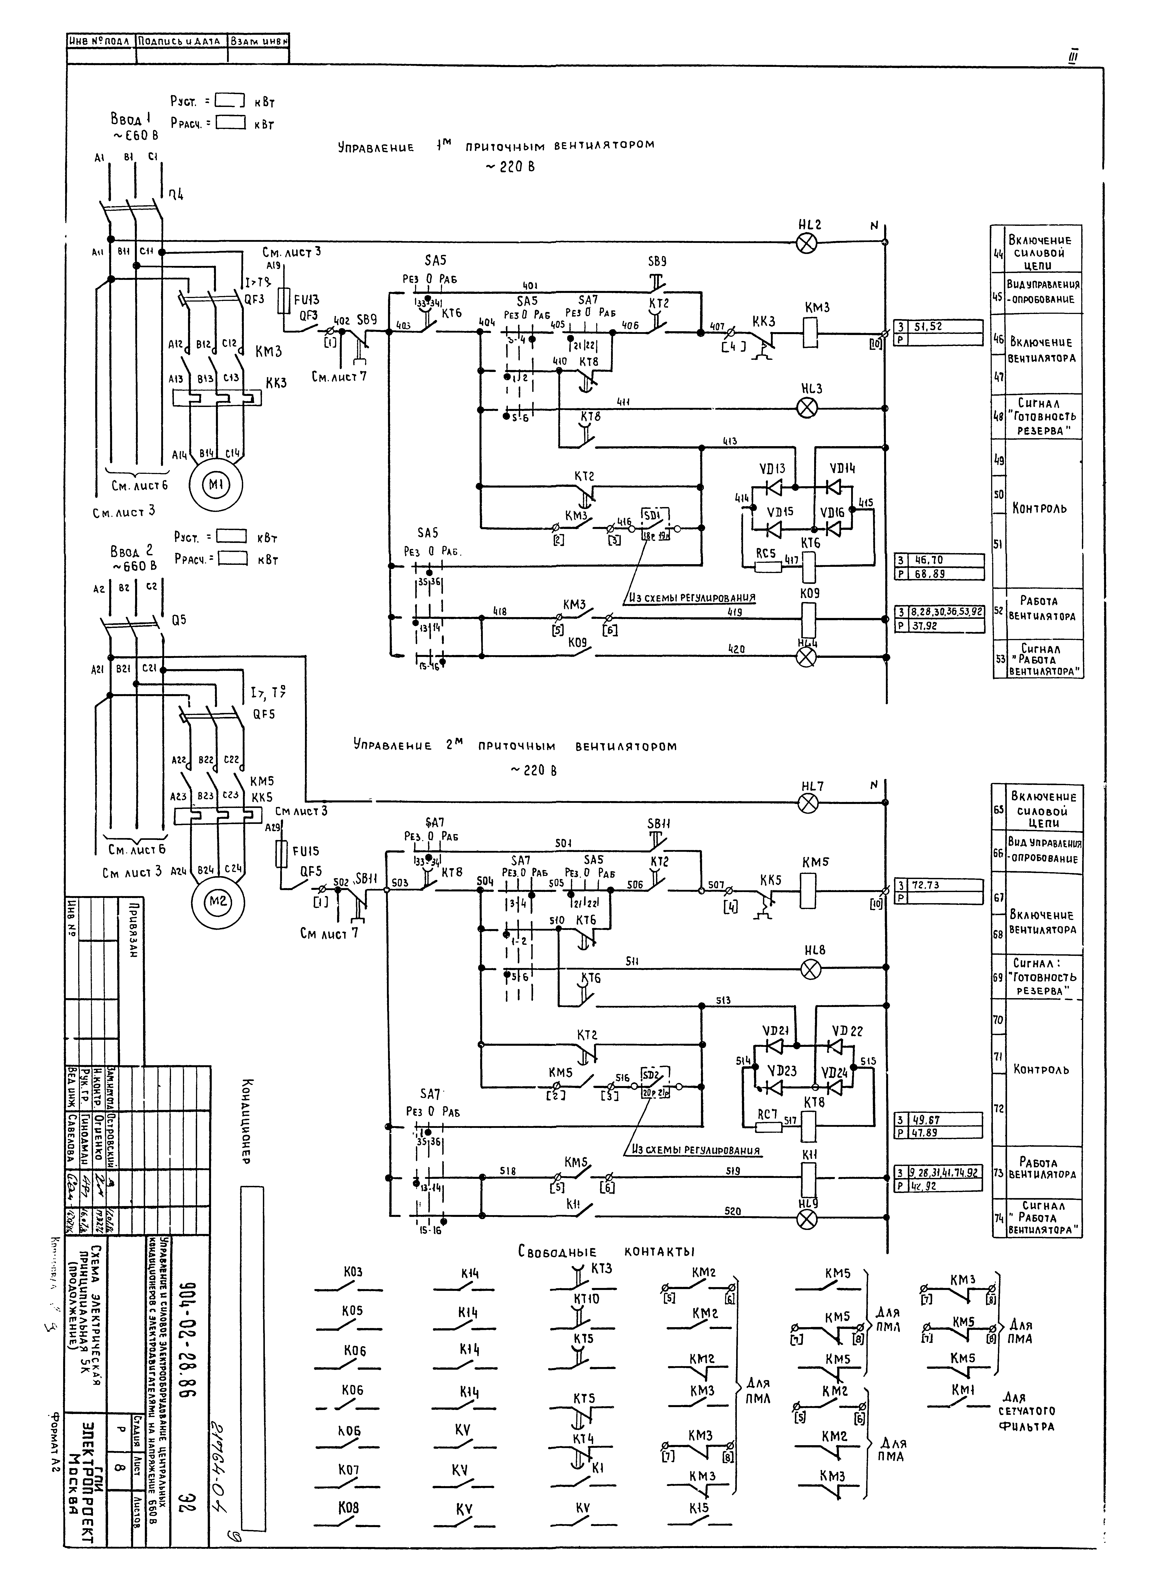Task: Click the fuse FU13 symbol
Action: click(285, 301)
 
